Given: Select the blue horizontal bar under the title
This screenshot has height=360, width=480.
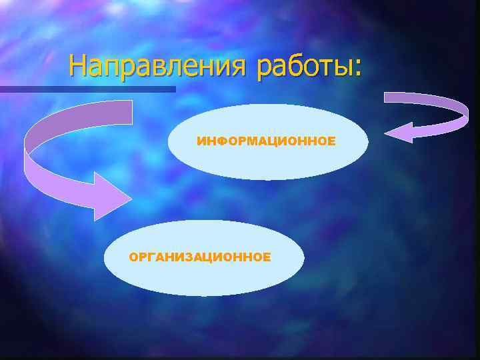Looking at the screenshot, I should pos(87,89).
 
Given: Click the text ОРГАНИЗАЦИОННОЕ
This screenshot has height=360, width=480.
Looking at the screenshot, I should pos(200,257).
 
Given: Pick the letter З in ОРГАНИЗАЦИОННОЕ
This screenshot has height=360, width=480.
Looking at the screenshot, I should pos(181,257).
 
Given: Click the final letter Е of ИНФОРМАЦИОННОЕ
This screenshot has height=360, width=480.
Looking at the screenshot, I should pos(331,141).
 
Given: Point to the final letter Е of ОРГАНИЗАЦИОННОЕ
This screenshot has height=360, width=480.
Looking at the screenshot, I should pos(267,257).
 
